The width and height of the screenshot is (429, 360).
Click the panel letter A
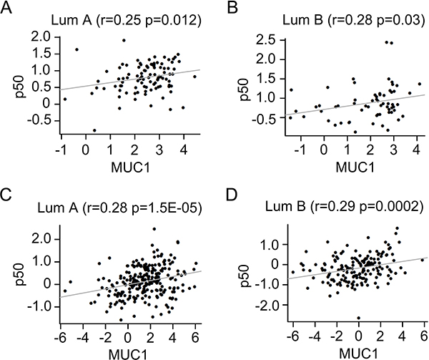[x=6, y=8]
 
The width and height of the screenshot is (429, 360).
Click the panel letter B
[x=233, y=8]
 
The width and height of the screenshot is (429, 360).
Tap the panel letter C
[x=6, y=195]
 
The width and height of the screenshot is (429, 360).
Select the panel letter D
[x=232, y=195]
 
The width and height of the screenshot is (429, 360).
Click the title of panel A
[x=126, y=21]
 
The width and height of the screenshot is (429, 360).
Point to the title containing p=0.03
[x=353, y=20]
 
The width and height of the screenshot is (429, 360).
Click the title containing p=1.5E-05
[x=119, y=208]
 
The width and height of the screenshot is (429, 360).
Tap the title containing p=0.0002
[x=344, y=207]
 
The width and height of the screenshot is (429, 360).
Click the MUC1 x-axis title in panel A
[x=131, y=167]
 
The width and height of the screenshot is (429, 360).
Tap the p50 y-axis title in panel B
[x=244, y=89]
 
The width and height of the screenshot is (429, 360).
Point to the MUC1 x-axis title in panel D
[x=358, y=354]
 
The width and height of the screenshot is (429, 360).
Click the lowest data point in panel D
[x=359, y=318]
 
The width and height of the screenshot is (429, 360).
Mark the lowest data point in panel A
[x=94, y=130]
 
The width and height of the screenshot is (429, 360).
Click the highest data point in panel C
[x=154, y=229]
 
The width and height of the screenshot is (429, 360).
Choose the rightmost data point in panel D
[x=422, y=260]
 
